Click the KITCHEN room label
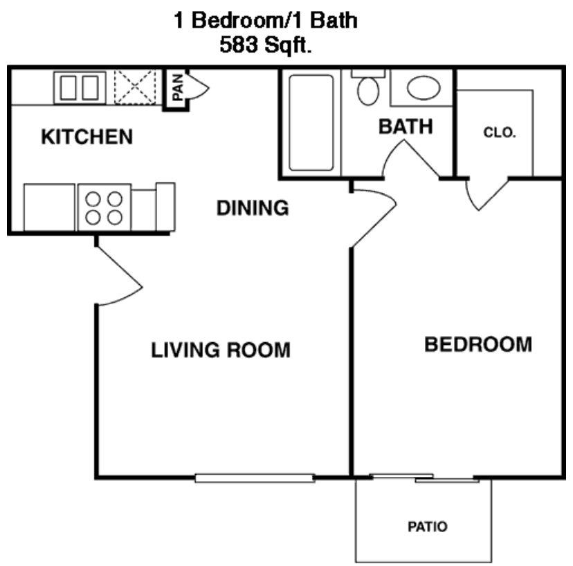(87, 136)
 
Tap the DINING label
(252, 207)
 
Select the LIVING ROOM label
(221, 350)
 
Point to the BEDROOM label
(478, 343)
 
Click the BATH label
(406, 126)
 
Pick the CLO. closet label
(499, 133)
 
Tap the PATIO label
(426, 527)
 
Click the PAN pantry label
(178, 88)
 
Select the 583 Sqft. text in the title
(266, 46)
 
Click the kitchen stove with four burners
(104, 207)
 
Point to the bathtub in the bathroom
(310, 122)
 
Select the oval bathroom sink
(423, 88)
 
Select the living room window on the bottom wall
(254, 477)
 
